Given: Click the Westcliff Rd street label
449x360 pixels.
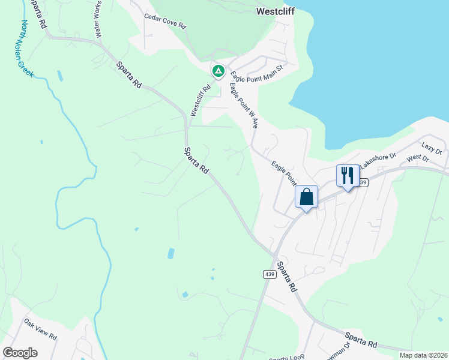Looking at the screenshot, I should (x=200, y=100).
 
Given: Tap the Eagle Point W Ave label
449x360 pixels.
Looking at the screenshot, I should (x=244, y=106).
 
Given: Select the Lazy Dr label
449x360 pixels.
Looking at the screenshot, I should (x=431, y=146).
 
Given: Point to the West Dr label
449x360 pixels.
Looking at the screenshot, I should (x=418, y=158).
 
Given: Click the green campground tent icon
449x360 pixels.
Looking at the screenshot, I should (x=218, y=72).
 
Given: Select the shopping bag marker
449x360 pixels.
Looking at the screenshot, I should (x=306, y=197).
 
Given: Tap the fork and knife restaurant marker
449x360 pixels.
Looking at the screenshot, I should (x=348, y=175).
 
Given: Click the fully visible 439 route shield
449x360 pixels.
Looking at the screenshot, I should (x=270, y=274).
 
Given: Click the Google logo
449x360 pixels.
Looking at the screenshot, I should (x=20, y=352).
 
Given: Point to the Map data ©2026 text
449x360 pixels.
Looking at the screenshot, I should (x=424, y=355).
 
